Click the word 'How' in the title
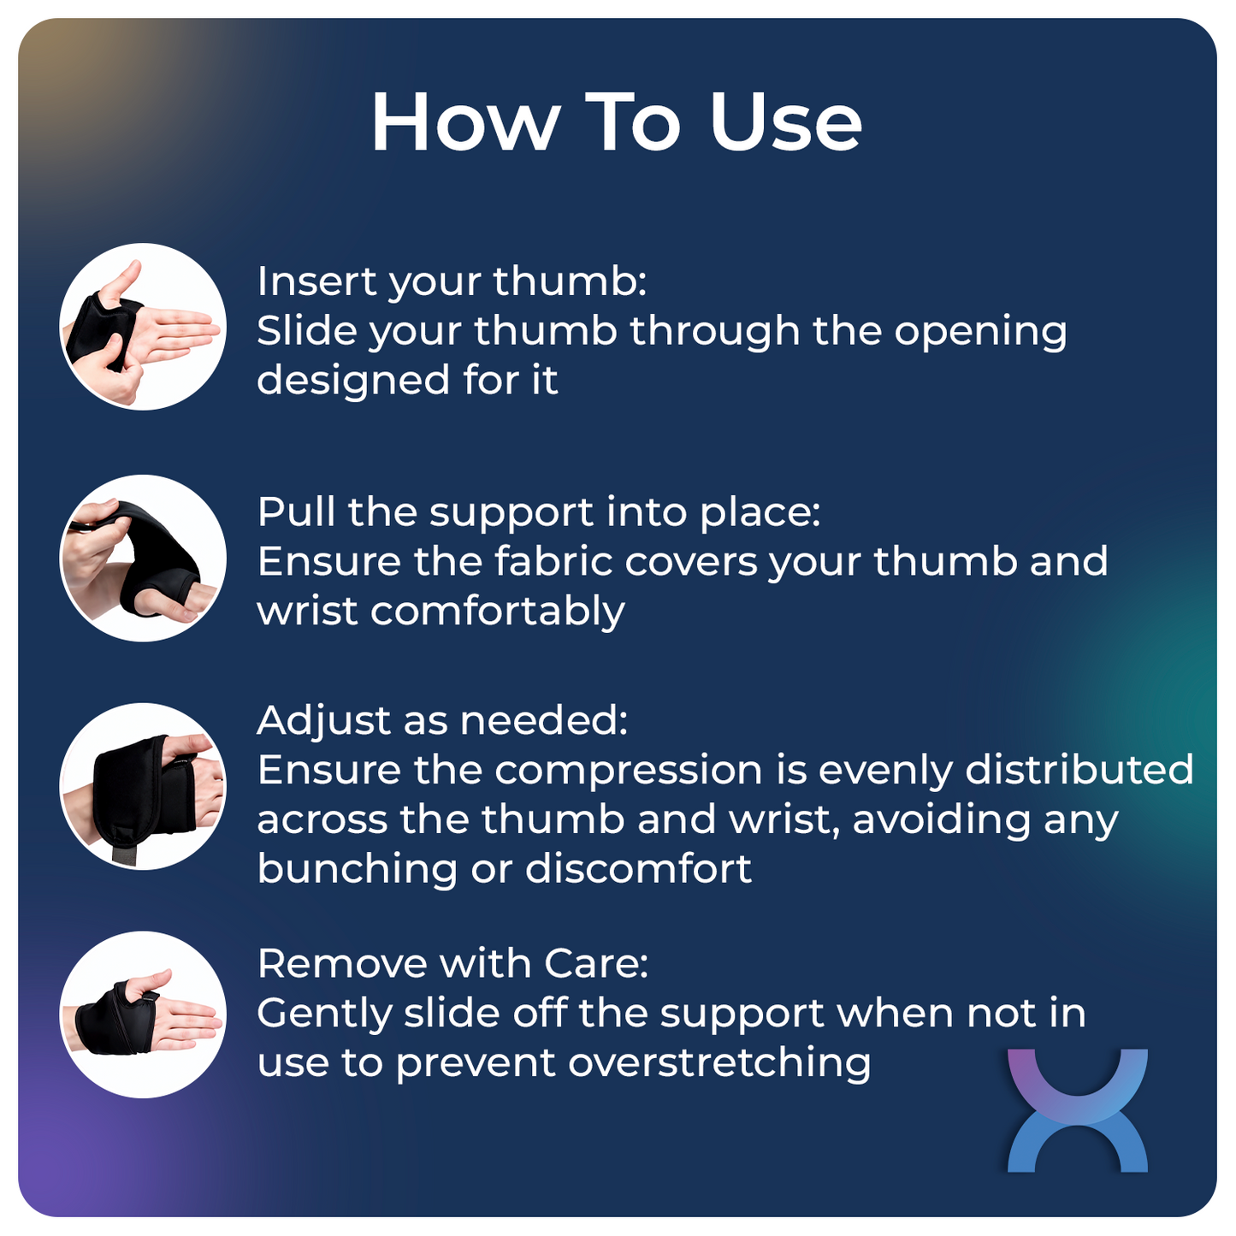464,123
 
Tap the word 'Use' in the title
784,123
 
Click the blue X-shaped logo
1077,1110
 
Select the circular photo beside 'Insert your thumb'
143,328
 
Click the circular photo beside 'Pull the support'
143,559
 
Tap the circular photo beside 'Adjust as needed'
143,787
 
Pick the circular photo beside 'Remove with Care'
143,1015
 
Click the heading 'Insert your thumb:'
452,282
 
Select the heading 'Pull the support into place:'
539,513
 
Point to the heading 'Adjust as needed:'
442,721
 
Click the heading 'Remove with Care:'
452,964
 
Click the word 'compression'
629,772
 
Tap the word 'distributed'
1079,770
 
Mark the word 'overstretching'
719,1063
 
